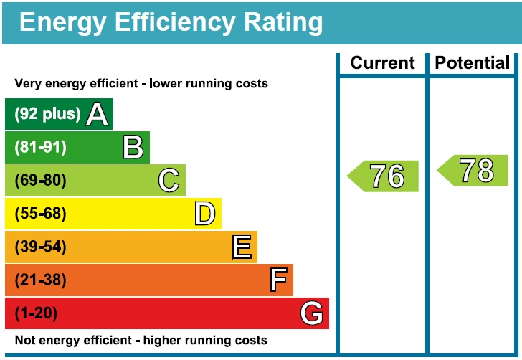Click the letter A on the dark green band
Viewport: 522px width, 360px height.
click(97, 114)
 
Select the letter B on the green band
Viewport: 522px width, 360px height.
click(133, 147)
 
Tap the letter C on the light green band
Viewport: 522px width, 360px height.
click(169, 180)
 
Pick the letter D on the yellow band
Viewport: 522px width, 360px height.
click(205, 214)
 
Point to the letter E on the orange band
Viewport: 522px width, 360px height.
click(242, 247)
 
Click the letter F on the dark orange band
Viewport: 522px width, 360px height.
click(278, 280)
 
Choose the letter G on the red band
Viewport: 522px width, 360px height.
click(312, 313)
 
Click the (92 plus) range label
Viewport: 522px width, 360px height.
click(47, 114)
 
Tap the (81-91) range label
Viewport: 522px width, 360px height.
click(40, 147)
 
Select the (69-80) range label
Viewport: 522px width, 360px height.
click(40, 180)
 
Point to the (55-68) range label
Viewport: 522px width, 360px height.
click(40, 214)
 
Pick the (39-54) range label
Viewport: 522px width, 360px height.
click(40, 247)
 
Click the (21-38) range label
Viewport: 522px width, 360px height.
click(40, 280)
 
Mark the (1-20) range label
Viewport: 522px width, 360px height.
click(36, 313)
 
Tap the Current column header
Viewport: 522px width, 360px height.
click(382, 63)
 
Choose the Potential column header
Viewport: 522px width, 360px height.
click(473, 63)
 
